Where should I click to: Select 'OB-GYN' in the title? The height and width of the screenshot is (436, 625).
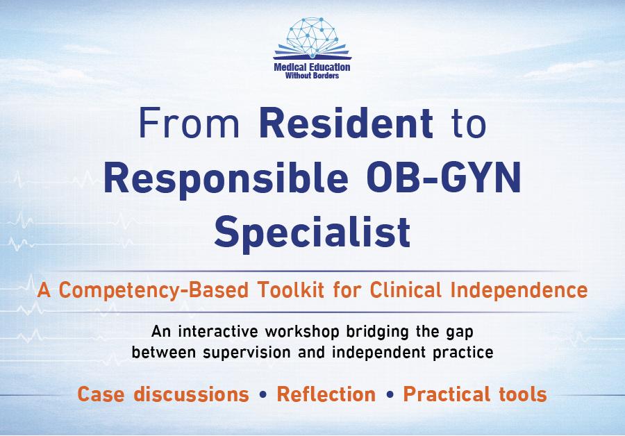pyautogui.click(x=444, y=181)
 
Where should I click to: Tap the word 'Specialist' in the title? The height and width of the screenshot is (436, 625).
pyautogui.click(x=312, y=233)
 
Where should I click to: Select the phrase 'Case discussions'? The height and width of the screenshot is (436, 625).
pyautogui.click(x=163, y=395)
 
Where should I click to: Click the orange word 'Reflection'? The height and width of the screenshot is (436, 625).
pyautogui.click(x=326, y=395)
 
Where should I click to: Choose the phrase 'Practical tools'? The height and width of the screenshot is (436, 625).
pyautogui.click(x=475, y=395)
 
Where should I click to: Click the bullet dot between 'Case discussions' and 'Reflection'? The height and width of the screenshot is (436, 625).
pyautogui.click(x=262, y=396)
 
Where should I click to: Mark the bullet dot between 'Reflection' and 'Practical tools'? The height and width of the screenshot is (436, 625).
pyautogui.click(x=389, y=396)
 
